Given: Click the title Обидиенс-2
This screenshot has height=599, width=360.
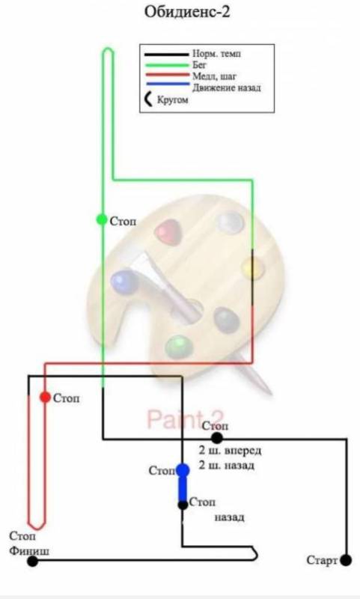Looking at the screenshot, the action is coord(187,12).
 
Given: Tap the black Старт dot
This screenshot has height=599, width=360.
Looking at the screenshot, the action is coord(346,560).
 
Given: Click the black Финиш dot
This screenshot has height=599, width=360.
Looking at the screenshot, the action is coord(33,561).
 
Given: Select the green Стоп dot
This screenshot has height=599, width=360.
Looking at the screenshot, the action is coord(102,219).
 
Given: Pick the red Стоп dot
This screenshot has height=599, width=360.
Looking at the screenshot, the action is coord(46,398).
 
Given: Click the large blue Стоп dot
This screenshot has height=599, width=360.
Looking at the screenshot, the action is coord(183,470).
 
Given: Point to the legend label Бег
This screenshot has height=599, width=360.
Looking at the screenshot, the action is coord(200,65).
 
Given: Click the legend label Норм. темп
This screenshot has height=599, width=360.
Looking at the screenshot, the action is coord(216,54).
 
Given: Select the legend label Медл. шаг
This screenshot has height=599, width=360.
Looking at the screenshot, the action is coord(214,76).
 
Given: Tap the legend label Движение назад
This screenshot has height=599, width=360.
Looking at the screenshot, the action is coord(227,88).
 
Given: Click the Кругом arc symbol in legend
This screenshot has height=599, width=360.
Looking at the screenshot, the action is coord(148,100).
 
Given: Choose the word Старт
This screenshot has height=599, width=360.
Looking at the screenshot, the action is coord(323,560).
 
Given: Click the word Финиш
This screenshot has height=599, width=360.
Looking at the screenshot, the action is coord(29,551).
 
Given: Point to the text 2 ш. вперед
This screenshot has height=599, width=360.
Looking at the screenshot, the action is coord(230,451).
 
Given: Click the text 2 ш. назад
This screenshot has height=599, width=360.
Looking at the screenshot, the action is coord(226,466).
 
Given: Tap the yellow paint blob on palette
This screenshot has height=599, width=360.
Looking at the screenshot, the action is coord(253,267).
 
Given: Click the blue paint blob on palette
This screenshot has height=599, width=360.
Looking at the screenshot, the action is coord(123,281).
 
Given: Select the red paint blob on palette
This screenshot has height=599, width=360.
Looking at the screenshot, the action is coord(168,231).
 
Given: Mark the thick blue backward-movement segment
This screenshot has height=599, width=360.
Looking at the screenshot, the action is coord(183,487).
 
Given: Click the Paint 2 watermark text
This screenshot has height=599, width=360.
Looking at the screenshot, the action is coord(186,419).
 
